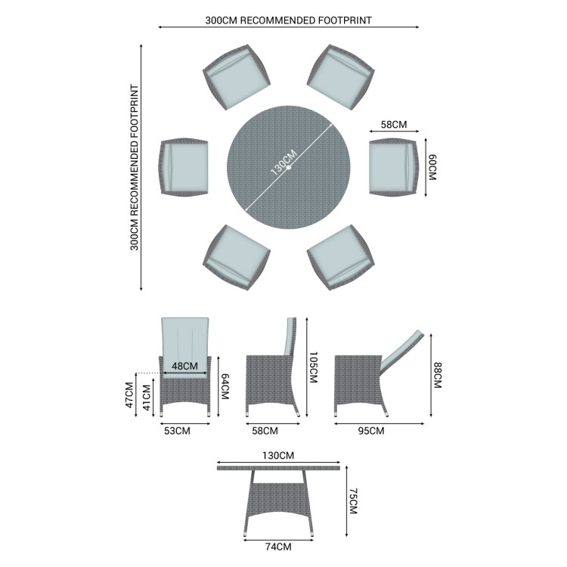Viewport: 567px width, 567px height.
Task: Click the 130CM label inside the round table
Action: pyautogui.click(x=283, y=163)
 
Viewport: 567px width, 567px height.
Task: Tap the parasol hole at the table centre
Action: pyautogui.click(x=289, y=167)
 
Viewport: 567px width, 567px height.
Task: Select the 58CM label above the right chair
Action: pyautogui.click(x=394, y=125)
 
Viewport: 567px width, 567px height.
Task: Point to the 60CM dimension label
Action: pyautogui.click(x=432, y=167)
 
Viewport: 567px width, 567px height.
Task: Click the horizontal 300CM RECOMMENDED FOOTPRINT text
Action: pyautogui.click(x=289, y=20)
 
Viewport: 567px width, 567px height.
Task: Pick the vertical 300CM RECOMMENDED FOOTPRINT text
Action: pyautogui.click(x=135, y=167)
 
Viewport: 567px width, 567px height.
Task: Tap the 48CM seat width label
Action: pyautogui.click(x=184, y=366)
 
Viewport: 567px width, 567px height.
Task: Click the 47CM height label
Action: pyautogui.click(x=129, y=395)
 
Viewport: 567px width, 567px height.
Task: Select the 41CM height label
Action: pyautogui.click(x=147, y=398)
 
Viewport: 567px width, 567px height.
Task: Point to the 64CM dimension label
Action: pyautogui.click(x=225, y=386)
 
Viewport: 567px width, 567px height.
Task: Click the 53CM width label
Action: pyautogui.click(x=177, y=431)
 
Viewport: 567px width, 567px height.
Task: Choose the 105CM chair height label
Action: pyautogui.click(x=313, y=367)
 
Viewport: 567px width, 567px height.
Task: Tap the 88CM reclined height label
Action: pyautogui.click(x=438, y=375)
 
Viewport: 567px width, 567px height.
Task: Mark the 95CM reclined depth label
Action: pyautogui.click(x=371, y=431)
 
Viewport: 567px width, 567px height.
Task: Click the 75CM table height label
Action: pyautogui.click(x=353, y=501)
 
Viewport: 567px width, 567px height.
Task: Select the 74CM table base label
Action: pyautogui.click(x=278, y=547)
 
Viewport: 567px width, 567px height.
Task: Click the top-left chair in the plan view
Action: pyautogui.click(x=237, y=77)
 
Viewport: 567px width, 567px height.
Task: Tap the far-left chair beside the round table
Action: pyautogui.click(x=184, y=167)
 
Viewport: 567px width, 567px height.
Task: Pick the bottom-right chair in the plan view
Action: pyautogui.click(x=341, y=258)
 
